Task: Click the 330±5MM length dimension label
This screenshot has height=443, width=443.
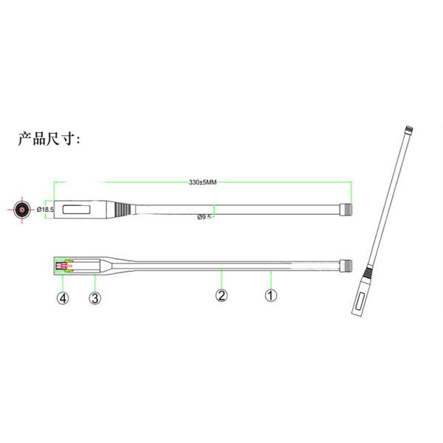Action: (202, 182)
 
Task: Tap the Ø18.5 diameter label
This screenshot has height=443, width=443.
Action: (45, 210)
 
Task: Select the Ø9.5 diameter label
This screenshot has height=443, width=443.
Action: (204, 217)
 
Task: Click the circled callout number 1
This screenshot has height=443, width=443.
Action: (271, 295)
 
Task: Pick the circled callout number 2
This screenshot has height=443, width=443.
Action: (221, 295)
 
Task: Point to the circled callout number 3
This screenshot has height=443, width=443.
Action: (95, 298)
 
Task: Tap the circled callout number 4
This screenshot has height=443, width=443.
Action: (63, 298)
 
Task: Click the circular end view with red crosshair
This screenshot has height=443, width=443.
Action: (22, 210)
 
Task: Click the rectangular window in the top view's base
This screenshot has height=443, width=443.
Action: (77, 210)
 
